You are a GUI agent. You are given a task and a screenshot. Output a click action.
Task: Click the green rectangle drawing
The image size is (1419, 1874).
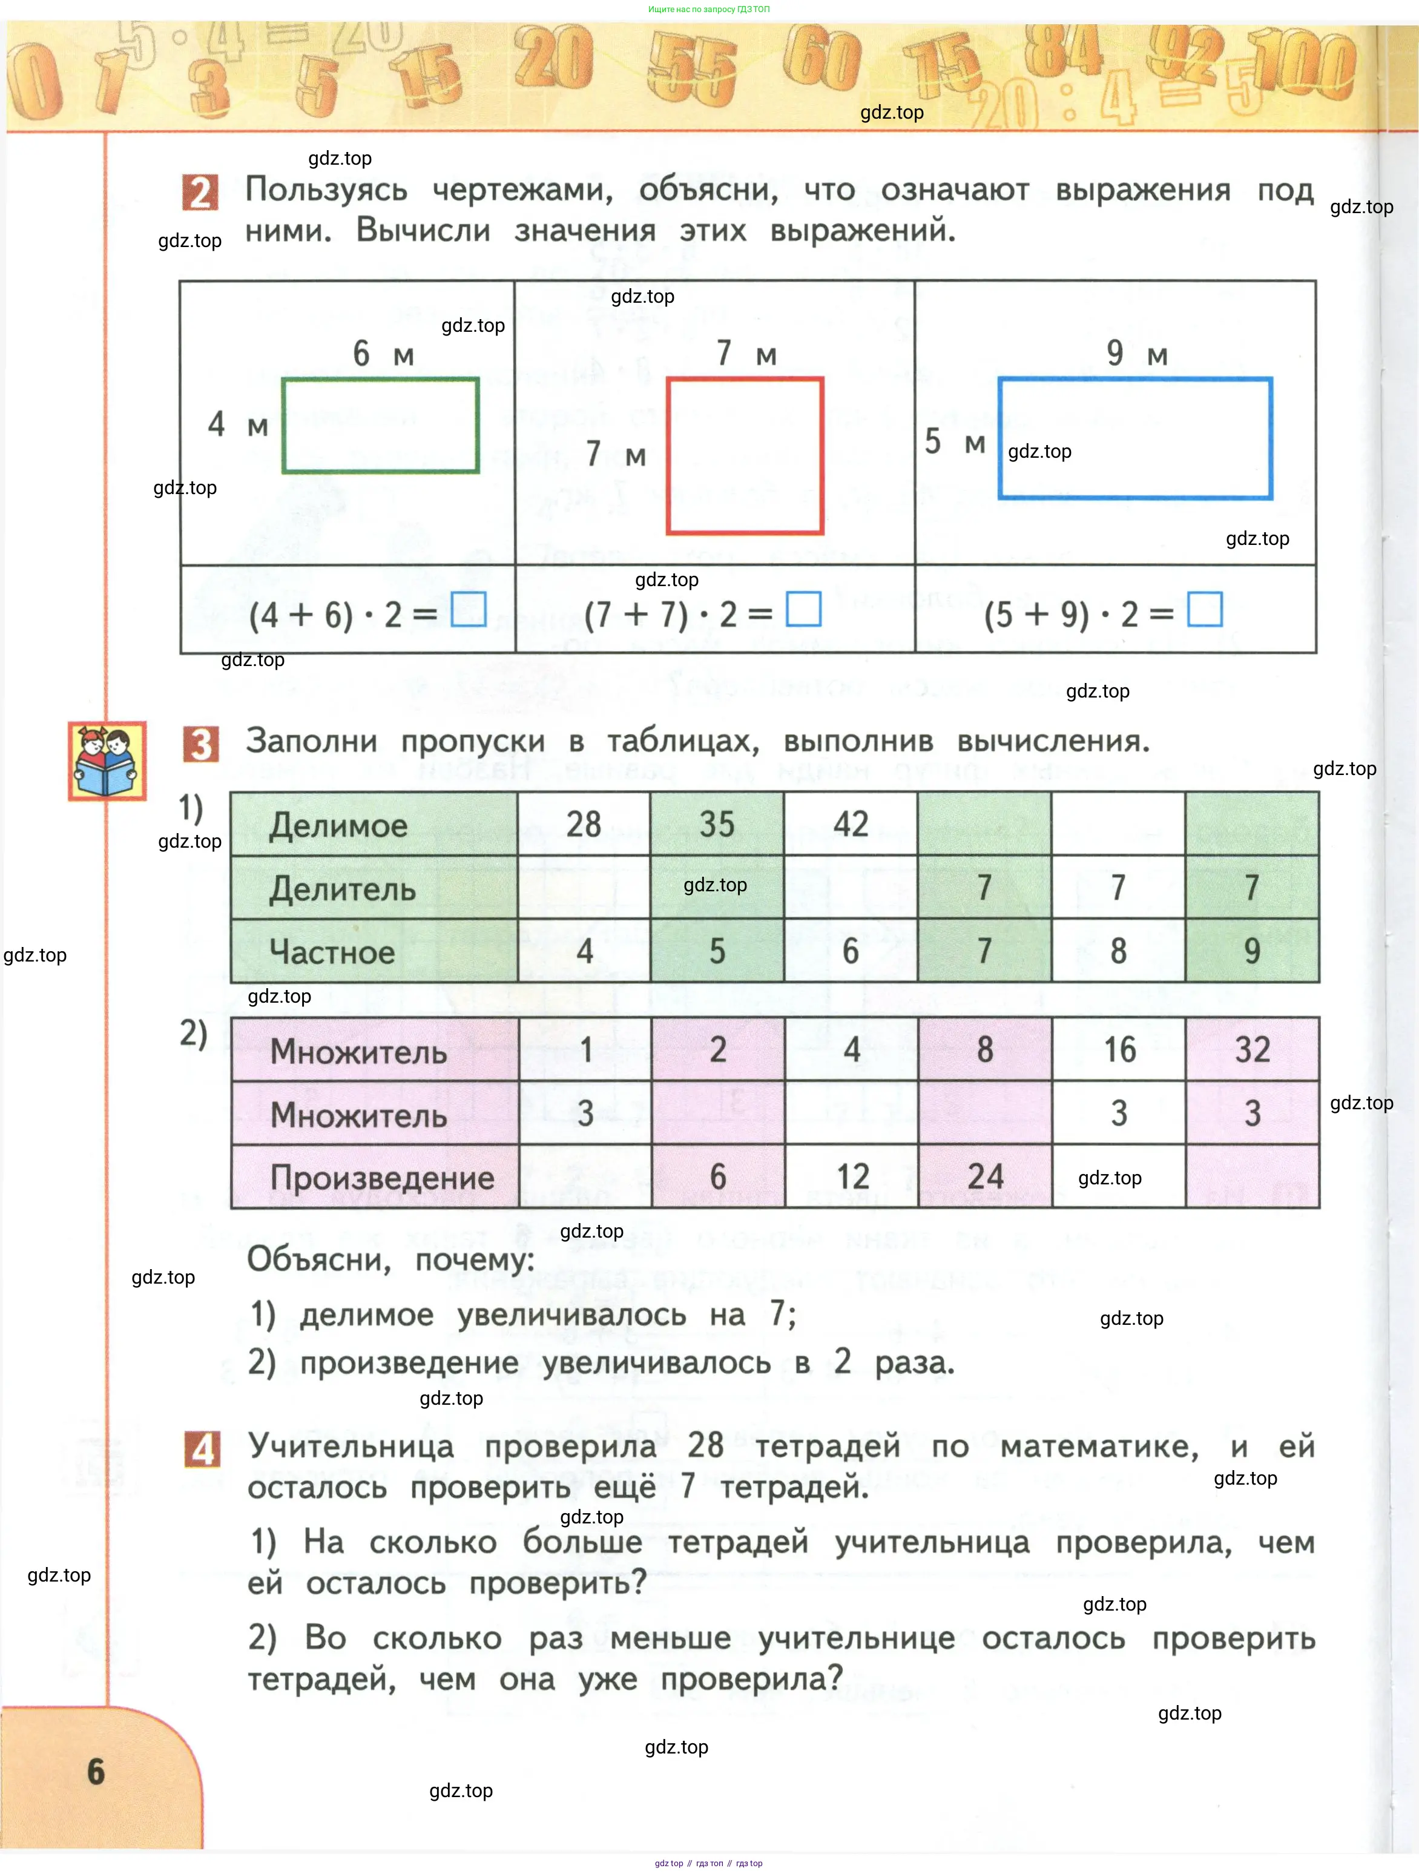[380, 425]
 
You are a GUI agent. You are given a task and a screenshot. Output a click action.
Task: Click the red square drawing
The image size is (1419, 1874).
[745, 456]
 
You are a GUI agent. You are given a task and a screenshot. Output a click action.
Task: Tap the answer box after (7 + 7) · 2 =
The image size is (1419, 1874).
[803, 609]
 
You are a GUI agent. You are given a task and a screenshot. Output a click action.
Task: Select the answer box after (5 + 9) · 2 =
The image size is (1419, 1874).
[1204, 609]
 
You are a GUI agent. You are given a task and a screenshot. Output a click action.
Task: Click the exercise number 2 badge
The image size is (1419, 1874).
[200, 193]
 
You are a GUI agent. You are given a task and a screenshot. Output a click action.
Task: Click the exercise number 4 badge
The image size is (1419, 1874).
[202, 1450]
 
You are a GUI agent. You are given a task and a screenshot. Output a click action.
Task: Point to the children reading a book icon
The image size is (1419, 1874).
[107, 760]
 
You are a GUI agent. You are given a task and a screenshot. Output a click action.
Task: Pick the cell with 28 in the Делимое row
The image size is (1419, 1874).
[584, 824]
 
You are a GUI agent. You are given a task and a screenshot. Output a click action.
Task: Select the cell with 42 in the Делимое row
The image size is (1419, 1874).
[851, 824]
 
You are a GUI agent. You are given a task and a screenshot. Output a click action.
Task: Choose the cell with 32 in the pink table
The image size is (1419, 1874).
[1252, 1050]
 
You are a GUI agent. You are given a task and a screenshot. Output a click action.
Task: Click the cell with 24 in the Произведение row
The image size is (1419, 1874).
[986, 1176]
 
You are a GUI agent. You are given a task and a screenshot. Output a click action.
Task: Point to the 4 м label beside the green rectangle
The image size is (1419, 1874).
[237, 424]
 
